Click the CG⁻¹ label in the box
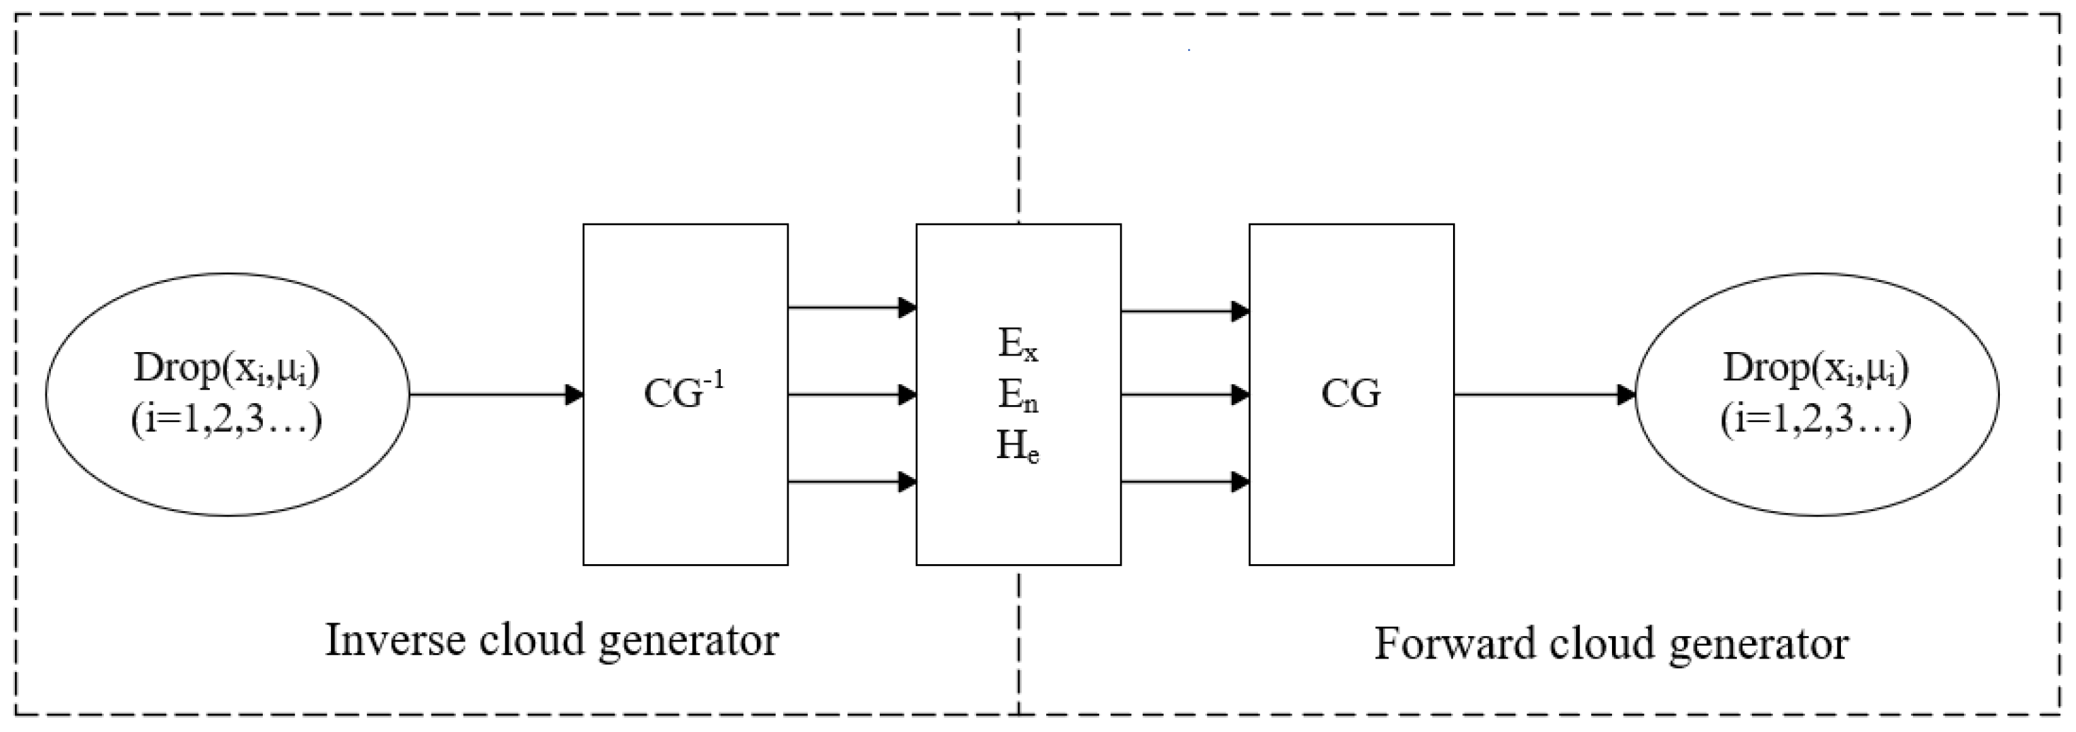[x=683, y=393]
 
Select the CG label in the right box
[x=1350, y=394]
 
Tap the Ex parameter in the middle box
[x=1018, y=345]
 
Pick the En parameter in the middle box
[x=1018, y=395]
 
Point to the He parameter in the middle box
[x=1018, y=446]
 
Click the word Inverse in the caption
[x=394, y=641]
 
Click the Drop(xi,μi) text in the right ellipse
[x=1816, y=368]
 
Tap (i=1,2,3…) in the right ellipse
[x=1816, y=419]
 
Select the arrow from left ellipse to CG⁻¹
[x=496, y=394]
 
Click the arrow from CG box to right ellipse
[x=1544, y=394]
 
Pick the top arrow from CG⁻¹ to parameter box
[x=851, y=307]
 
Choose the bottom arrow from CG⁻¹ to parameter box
[x=851, y=482]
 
